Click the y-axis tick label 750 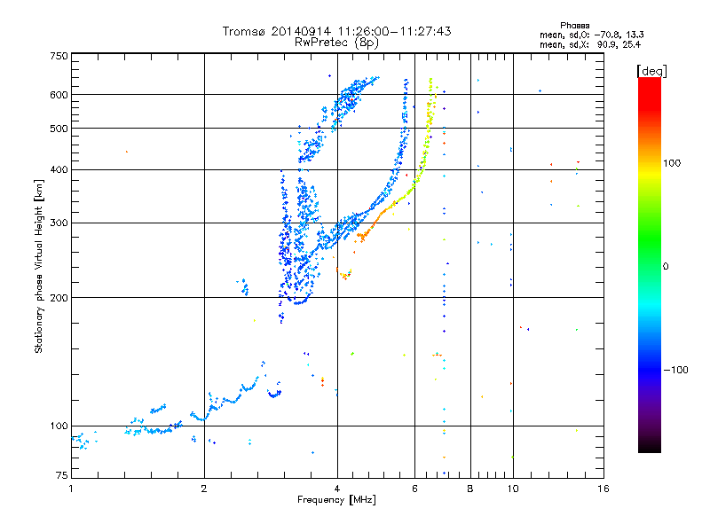point(59,56)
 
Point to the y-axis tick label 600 point(59,94)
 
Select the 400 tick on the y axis point(59,169)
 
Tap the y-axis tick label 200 point(59,297)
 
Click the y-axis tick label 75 point(61,477)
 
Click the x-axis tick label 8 point(470,489)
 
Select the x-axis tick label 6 point(415,489)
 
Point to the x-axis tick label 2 point(204,489)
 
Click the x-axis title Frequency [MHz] point(336,501)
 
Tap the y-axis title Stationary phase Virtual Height point(39,266)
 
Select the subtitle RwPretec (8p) point(336,42)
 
